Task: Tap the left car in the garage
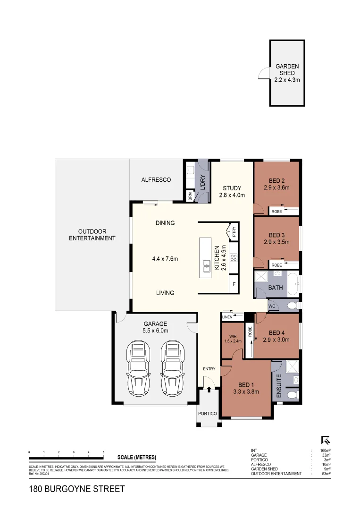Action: pos(139,369)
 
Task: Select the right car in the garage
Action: pos(171,369)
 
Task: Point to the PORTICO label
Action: pos(207,414)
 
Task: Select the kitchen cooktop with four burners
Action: pos(233,258)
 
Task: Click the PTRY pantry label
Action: pos(234,232)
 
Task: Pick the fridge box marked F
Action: pos(234,285)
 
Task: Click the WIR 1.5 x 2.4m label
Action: pos(232,339)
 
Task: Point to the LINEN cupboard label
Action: pos(227,317)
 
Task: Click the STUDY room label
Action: pos(232,187)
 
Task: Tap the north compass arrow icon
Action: pos(325,440)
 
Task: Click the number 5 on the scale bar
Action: pos(103,452)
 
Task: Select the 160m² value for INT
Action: pos(325,450)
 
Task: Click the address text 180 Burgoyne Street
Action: pos(77,489)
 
